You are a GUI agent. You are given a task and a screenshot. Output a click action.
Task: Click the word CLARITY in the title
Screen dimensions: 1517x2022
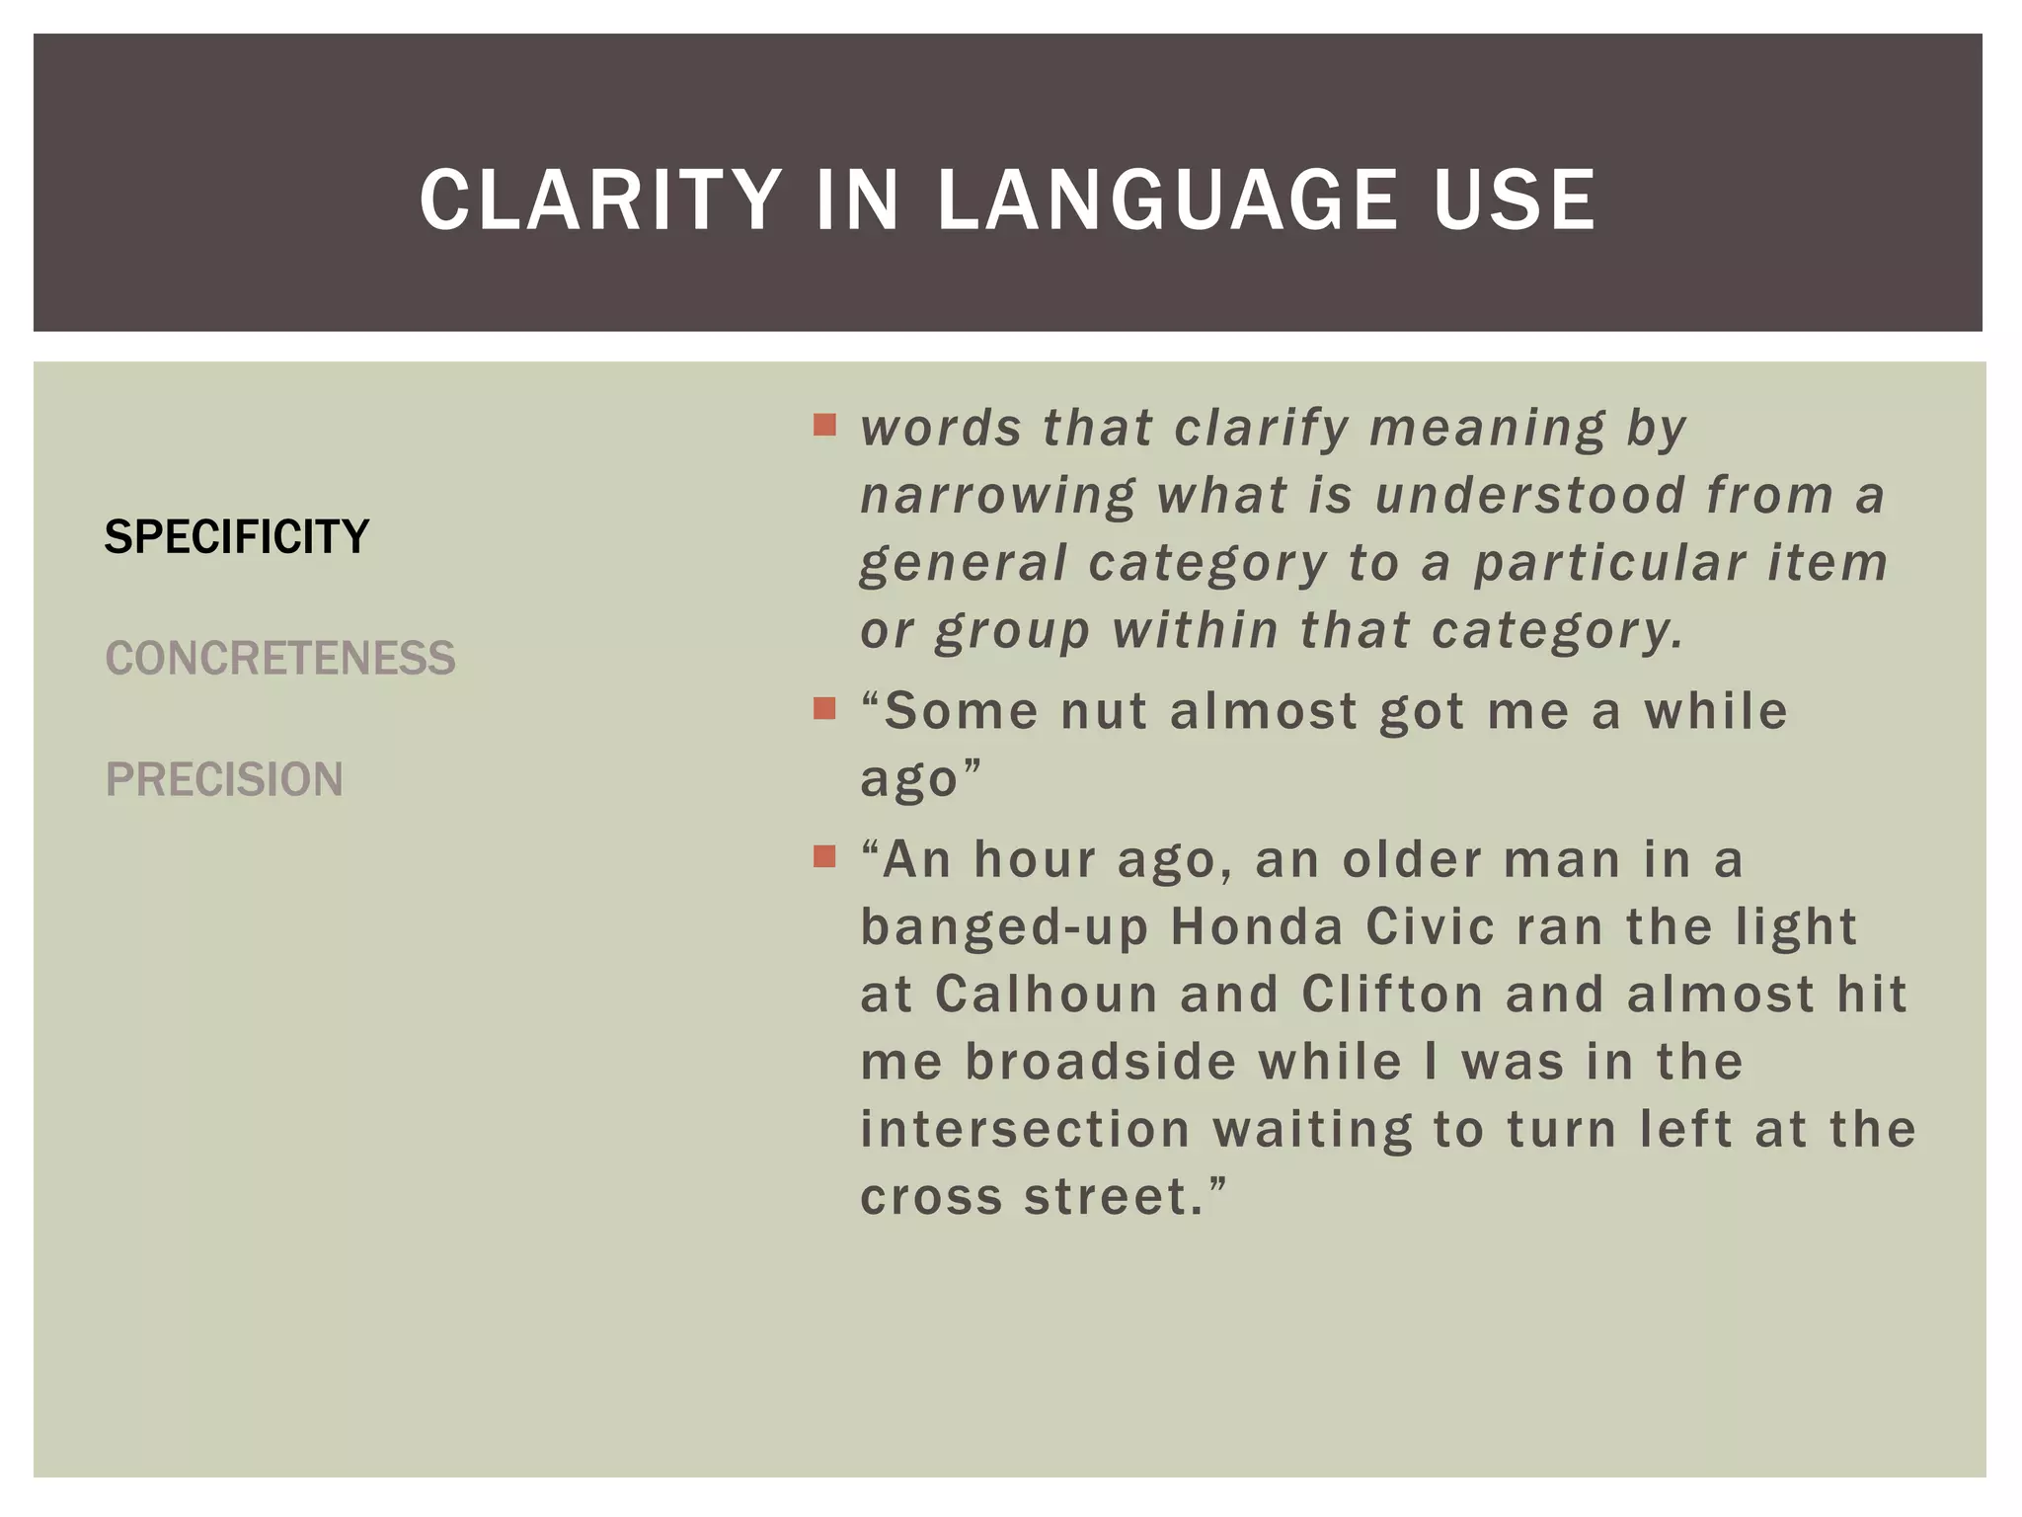[600, 200]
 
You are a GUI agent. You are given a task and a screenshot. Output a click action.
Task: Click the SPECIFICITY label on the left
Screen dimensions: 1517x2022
[237, 537]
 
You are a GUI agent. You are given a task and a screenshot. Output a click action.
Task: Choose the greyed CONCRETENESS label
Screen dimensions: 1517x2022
[280, 659]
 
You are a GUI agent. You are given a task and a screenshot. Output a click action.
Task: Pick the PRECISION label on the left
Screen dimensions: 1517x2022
[224, 780]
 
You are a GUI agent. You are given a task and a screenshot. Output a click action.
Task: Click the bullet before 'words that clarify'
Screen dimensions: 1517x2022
[824, 426]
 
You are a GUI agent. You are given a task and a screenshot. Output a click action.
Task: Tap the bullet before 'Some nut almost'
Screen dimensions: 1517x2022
[824, 708]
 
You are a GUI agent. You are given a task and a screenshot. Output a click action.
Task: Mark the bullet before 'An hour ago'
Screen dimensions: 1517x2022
[824, 856]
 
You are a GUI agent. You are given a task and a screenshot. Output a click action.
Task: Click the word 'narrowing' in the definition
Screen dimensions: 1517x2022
[998, 496]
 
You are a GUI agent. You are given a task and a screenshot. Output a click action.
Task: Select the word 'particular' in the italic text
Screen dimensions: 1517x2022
[1609, 563]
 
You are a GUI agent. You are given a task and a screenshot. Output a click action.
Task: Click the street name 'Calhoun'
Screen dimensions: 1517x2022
[1046, 995]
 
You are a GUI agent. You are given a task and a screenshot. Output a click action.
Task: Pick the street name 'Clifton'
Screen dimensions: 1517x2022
[1392, 995]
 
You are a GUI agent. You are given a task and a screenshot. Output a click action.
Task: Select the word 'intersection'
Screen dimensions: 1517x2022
[1025, 1129]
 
